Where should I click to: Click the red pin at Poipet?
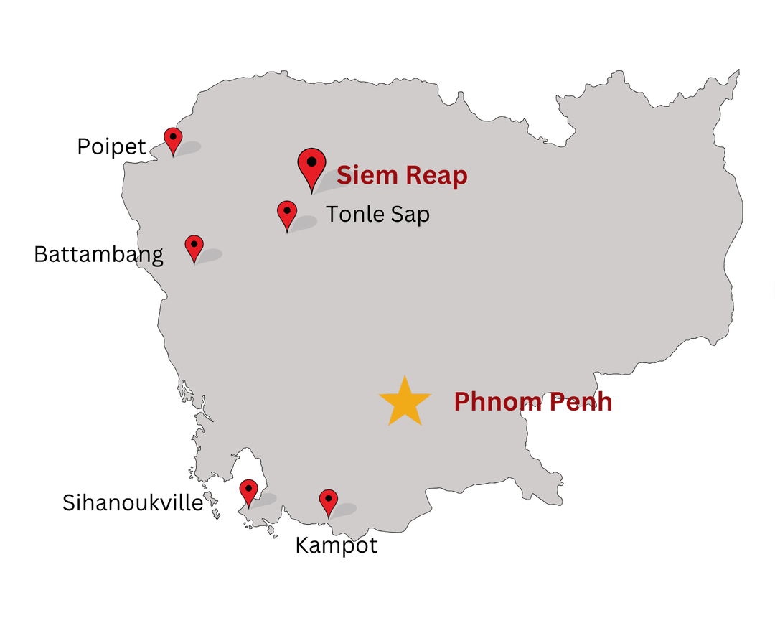click(173, 139)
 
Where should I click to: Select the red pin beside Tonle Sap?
click(287, 213)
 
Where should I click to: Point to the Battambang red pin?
click(194, 246)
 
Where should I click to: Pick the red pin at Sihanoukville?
click(248, 491)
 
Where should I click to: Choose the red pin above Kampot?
click(328, 501)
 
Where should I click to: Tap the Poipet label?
click(111, 147)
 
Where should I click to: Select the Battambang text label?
click(98, 254)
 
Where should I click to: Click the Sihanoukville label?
click(133, 502)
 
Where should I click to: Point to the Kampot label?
click(336, 545)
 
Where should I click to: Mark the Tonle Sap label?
click(377, 214)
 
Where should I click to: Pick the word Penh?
click(580, 402)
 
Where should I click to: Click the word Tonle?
click(355, 214)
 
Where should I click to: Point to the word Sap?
click(410, 215)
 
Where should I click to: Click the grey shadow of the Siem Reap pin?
click(330, 182)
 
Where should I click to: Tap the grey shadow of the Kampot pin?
click(344, 510)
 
